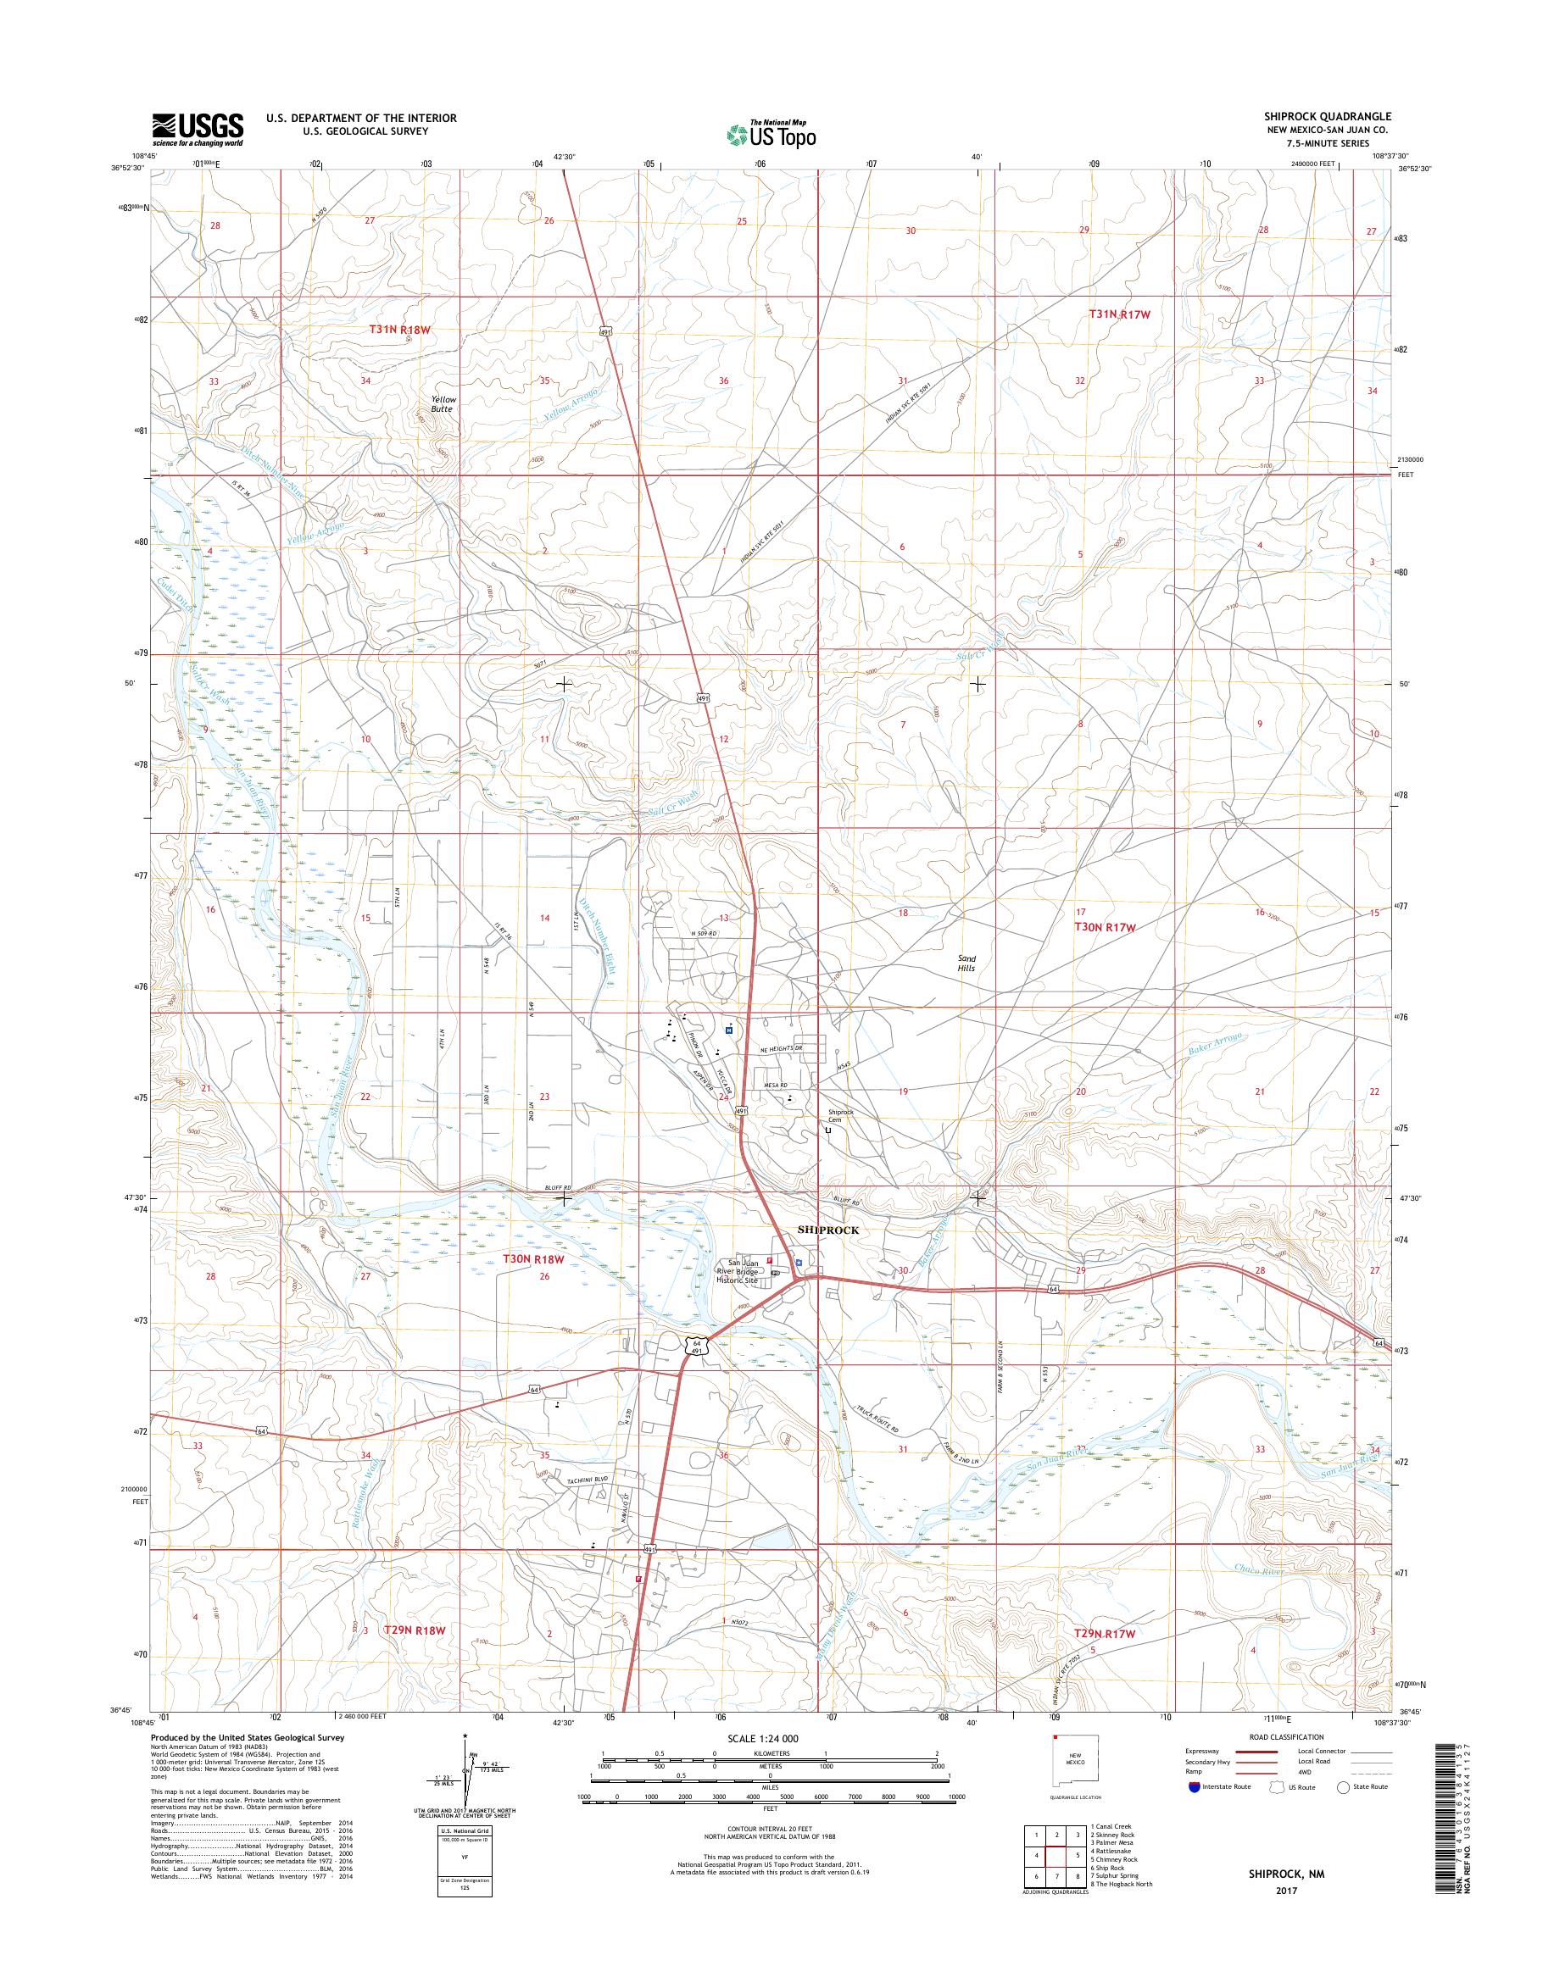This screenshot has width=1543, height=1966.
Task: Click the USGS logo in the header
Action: (198, 129)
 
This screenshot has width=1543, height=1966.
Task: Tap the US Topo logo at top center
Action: (771, 134)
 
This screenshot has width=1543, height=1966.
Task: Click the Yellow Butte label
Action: (443, 403)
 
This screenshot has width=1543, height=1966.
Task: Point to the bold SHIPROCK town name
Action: (827, 1230)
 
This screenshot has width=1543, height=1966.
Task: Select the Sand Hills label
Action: (967, 963)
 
